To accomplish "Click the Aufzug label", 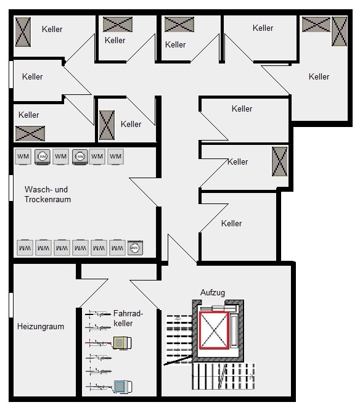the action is [x=213, y=293].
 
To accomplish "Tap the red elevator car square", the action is [x=214, y=330].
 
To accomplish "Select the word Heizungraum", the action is [x=41, y=326].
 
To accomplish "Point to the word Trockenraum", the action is [x=47, y=200].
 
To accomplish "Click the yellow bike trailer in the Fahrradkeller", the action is [x=122, y=343].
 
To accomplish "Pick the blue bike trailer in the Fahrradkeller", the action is [x=123, y=387].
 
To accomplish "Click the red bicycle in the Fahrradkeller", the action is [x=99, y=343].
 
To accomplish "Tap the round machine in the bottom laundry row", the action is [x=135, y=247].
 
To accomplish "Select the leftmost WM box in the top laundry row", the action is [x=23, y=157].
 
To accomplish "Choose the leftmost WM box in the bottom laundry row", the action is [x=25, y=247].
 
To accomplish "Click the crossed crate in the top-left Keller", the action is [x=23, y=32].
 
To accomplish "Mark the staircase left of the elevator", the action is [x=179, y=339].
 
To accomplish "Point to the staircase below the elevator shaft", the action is [x=224, y=376].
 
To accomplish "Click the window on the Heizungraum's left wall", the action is [x=11, y=305].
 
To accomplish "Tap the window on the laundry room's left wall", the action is [x=11, y=188].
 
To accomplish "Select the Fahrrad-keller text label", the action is [x=128, y=318].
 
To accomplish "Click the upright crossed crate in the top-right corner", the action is [x=339, y=31].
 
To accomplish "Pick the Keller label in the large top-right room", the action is [x=319, y=76].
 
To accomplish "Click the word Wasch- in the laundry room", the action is [x=38, y=189].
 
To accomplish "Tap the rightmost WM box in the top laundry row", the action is [x=115, y=157].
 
